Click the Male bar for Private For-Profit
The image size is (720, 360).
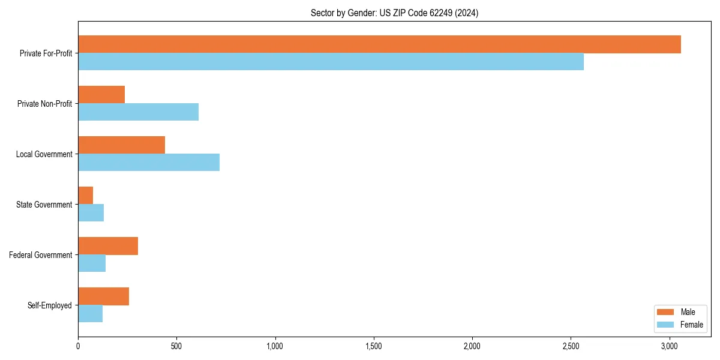[x=379, y=44]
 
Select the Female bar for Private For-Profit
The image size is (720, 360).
[x=331, y=62]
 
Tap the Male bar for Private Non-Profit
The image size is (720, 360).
[x=101, y=95]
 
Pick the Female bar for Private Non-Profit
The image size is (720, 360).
[x=138, y=112]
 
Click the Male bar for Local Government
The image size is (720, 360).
[x=121, y=145]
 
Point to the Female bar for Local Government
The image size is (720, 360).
[x=149, y=163]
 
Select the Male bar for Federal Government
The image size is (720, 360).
[x=108, y=246]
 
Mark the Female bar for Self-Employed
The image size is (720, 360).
[x=90, y=314]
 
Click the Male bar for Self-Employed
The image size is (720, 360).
[x=103, y=296]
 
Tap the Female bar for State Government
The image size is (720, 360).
[x=91, y=213]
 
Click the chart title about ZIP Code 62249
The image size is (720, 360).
[x=394, y=13]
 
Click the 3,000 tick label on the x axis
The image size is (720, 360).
[x=670, y=346]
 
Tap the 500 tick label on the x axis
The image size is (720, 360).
[x=176, y=346]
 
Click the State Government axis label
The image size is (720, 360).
[x=44, y=205]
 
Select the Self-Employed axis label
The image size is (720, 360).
[x=49, y=305]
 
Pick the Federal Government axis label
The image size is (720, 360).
[x=41, y=255]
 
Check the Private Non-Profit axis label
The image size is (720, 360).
[x=44, y=104]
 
